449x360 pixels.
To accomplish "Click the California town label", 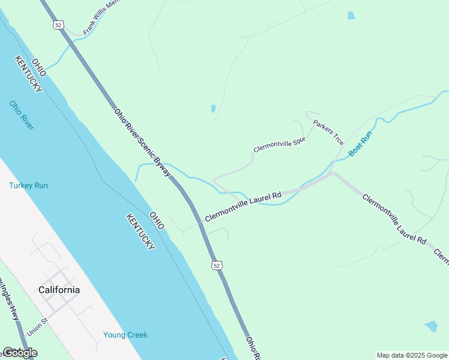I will pyautogui.click(x=59, y=290).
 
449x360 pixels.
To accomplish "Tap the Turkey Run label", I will pyautogui.click(x=28, y=185).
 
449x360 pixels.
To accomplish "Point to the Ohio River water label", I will pyautogui.click(x=22, y=115).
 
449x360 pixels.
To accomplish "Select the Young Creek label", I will pyautogui.click(x=125, y=335).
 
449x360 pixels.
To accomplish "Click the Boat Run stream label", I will pyautogui.click(x=361, y=145).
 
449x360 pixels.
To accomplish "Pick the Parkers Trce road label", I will pyautogui.click(x=328, y=132).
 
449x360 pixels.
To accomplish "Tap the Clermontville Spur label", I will pyautogui.click(x=280, y=144).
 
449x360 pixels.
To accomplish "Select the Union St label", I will pyautogui.click(x=38, y=328).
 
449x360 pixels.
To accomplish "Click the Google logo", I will pyautogui.click(x=20, y=353).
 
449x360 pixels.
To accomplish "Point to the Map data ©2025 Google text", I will pyautogui.click(x=412, y=355).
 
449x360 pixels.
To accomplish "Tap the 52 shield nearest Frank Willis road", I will pyautogui.click(x=58, y=25).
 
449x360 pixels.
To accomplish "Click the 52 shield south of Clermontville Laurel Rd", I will pyautogui.click(x=217, y=265).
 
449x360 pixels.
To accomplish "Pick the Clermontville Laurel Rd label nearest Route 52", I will pyautogui.click(x=243, y=206).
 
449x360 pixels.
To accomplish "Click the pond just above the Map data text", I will pyautogui.click(x=430, y=326).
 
